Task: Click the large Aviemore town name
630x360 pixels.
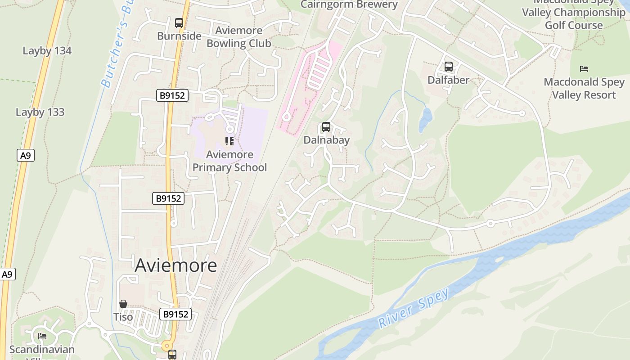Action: (x=176, y=265)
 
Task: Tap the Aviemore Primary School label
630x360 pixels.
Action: (x=229, y=161)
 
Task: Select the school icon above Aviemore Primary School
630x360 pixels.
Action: (x=229, y=141)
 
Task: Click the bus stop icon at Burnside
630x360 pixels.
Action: (x=179, y=23)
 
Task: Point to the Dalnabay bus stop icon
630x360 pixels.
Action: (x=326, y=127)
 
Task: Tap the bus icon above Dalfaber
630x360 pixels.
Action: (x=448, y=67)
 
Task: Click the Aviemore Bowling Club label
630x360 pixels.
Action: (x=238, y=37)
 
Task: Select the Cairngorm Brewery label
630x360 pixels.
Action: (x=349, y=5)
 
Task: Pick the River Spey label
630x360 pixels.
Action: (x=414, y=308)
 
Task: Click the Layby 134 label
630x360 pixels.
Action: (x=47, y=51)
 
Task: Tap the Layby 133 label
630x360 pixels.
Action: (x=40, y=112)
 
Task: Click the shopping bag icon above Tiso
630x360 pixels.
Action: (x=123, y=304)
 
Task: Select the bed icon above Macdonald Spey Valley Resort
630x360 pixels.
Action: (x=584, y=69)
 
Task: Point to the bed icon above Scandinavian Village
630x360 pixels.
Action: (x=42, y=336)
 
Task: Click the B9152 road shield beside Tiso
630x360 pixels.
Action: (x=175, y=314)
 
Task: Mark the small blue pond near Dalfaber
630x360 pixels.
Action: (x=425, y=119)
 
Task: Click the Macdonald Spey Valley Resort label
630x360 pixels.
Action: (x=584, y=88)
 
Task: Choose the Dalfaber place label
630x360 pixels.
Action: (x=448, y=80)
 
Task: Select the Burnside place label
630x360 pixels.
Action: (x=179, y=36)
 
